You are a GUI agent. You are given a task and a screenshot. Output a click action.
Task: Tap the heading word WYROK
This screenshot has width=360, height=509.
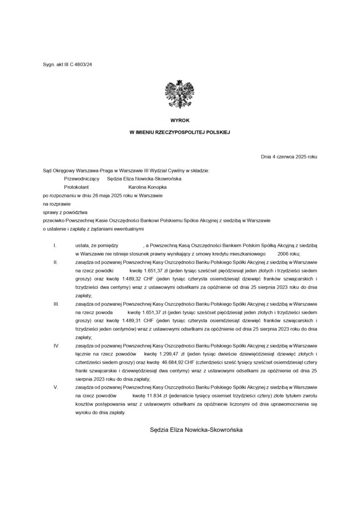(x=180, y=121)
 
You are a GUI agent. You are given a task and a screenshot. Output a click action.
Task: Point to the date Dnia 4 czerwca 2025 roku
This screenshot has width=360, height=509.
(x=289, y=157)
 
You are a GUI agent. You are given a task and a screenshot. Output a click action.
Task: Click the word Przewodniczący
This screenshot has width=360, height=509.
(x=82, y=178)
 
